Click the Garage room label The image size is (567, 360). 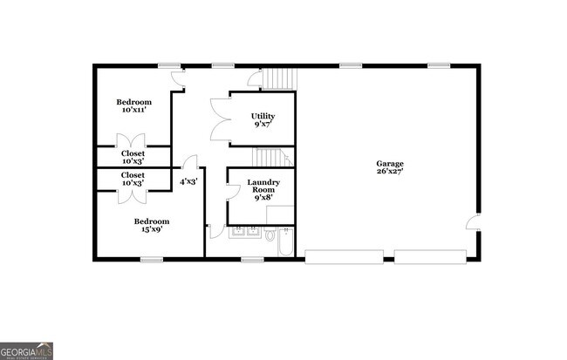(x=390, y=163)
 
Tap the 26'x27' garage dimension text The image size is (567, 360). (x=390, y=172)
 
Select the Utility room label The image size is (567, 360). (x=262, y=116)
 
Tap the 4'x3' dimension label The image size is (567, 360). (x=188, y=181)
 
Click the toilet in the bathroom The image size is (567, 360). (x=270, y=234)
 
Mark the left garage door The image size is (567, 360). (x=344, y=255)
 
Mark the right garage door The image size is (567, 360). (x=431, y=255)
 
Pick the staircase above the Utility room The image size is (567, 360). (x=279, y=78)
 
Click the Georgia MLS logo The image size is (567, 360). (x=27, y=350)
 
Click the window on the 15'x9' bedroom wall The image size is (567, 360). (x=153, y=259)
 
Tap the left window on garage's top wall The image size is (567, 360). (x=351, y=65)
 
